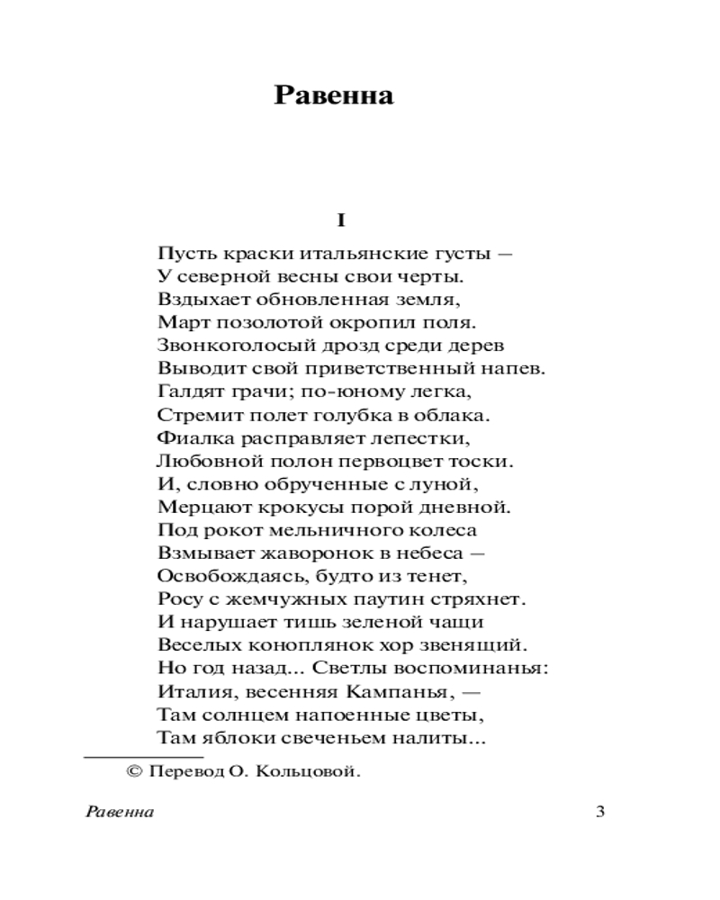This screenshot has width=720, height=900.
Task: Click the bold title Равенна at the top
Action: point(334,95)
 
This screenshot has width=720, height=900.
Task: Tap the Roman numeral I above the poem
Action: point(341,220)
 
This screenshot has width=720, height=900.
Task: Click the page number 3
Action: point(600,813)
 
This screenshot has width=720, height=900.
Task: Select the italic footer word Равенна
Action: point(120,813)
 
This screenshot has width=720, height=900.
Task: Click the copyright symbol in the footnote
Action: point(135,771)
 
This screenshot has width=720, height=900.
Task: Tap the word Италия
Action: point(192,693)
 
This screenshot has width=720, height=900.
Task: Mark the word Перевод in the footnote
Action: point(186,771)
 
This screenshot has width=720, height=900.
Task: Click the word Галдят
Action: point(184,391)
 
